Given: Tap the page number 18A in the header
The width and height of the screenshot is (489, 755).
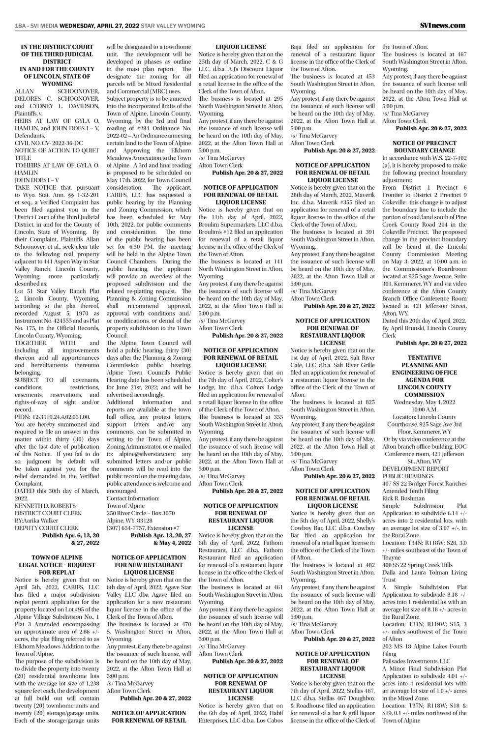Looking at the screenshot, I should (21, 26).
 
